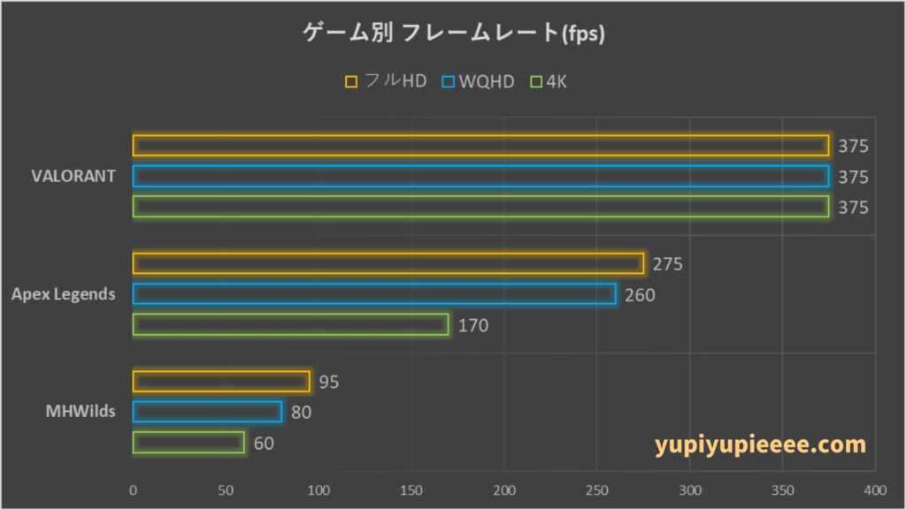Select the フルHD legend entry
[x=387, y=82]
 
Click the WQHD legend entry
[x=481, y=82]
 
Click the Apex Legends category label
[x=64, y=294]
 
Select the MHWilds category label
[x=82, y=411]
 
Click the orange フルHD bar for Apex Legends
[x=388, y=263]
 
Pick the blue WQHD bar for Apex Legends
[x=374, y=294]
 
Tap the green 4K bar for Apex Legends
[x=291, y=325]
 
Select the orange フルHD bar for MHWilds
[x=221, y=382]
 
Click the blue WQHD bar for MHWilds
[x=207, y=412]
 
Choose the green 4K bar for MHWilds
[x=188, y=442]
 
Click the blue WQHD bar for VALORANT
[x=480, y=177]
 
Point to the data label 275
[x=667, y=264]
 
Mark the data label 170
[x=472, y=326]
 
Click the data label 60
[x=264, y=443]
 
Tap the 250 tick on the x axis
[x=597, y=490]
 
